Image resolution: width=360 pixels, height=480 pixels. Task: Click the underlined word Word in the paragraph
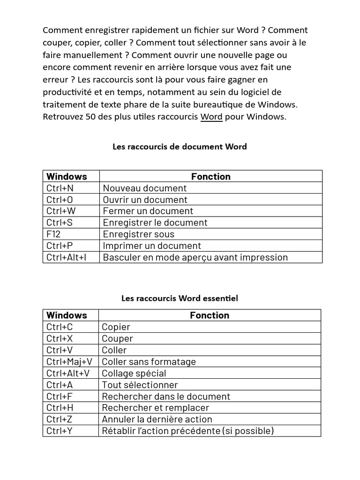click(x=211, y=117)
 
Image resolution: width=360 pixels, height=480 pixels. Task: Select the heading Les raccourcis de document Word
click(x=180, y=147)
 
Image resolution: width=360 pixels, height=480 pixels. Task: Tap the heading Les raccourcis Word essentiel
click(x=180, y=298)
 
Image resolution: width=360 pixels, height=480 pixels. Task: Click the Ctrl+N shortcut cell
click(x=60, y=188)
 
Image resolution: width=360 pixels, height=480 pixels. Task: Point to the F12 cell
click(x=54, y=234)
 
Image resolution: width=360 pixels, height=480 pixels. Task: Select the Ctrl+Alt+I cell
click(x=67, y=257)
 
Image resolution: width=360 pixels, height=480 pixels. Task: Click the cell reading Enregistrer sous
click(x=138, y=234)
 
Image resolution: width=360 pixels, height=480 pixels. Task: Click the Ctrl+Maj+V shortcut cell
click(x=69, y=361)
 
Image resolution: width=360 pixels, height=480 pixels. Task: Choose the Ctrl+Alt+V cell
click(x=67, y=373)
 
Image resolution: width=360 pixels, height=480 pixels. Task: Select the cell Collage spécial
click(x=134, y=373)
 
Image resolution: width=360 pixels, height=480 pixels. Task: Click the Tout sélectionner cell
click(x=140, y=385)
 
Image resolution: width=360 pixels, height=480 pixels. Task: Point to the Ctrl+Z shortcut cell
click(x=60, y=419)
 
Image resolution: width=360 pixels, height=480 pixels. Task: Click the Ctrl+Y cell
click(x=60, y=431)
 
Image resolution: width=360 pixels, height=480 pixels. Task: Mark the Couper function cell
click(x=117, y=338)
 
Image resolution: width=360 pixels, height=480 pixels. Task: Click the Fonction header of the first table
click(x=210, y=176)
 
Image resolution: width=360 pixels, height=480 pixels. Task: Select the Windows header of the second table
click(x=67, y=315)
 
